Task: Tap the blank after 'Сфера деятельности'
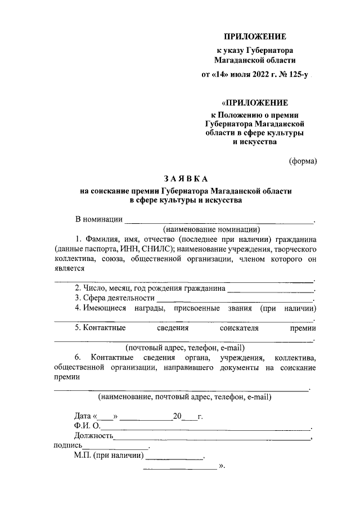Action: [233, 299]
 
